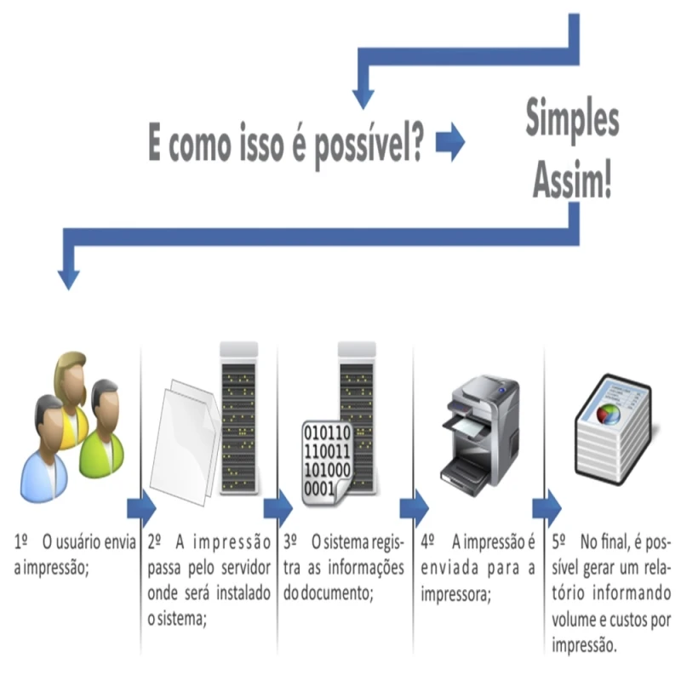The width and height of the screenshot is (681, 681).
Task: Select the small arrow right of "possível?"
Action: pos(450,143)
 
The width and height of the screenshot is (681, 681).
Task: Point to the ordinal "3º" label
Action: pos(290,541)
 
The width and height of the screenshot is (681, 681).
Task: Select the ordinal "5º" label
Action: pos(559,541)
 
